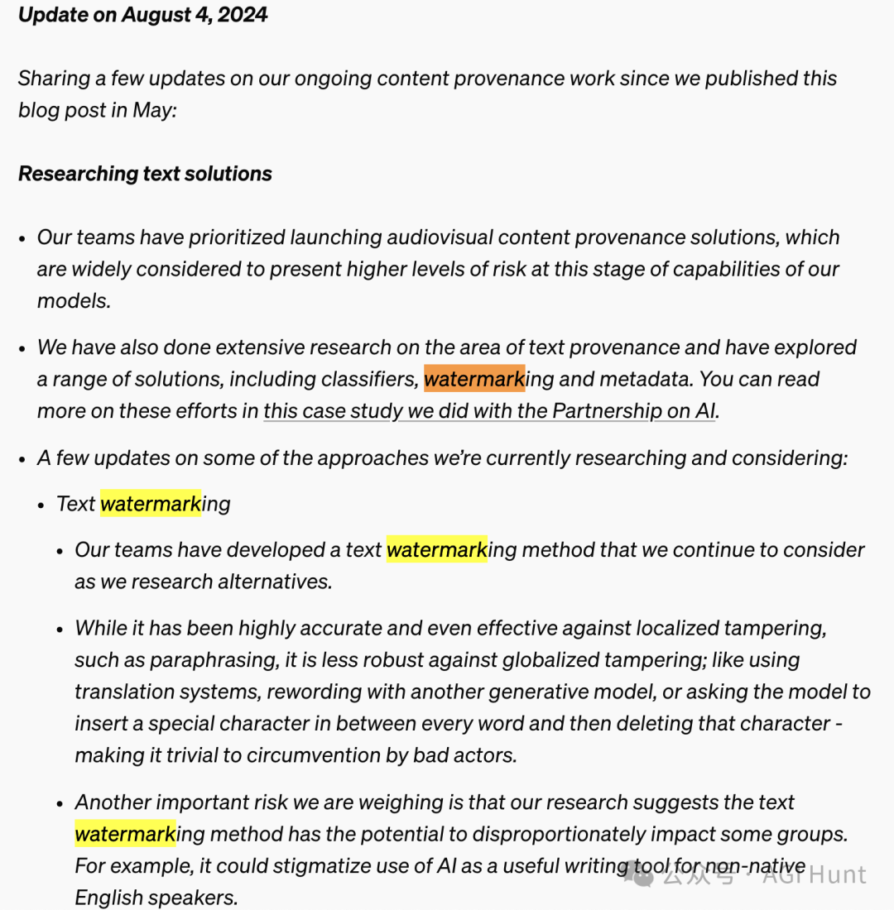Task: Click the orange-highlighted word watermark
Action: tap(474, 379)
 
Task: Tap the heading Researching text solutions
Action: tap(145, 174)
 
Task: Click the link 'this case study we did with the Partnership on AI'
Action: tap(489, 410)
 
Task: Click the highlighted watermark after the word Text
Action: tap(151, 503)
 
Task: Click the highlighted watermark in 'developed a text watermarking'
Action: tap(436, 550)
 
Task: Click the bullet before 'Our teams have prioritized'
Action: tap(23, 238)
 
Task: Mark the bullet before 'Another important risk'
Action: tap(60, 803)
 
